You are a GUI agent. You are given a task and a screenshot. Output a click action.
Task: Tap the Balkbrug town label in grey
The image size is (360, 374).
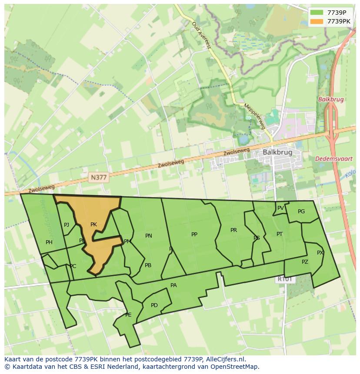(x=277, y=153)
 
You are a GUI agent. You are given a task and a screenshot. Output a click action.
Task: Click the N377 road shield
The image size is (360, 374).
(x=99, y=177)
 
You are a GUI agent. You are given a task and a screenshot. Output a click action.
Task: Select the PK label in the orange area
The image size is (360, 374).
(x=93, y=225)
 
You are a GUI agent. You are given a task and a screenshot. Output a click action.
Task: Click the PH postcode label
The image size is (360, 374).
(x=49, y=242)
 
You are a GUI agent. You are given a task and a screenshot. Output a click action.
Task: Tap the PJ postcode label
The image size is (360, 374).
(x=67, y=225)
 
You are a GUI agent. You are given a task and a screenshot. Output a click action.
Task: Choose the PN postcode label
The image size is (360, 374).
(x=149, y=236)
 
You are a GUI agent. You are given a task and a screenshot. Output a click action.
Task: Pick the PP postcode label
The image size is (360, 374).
(x=194, y=235)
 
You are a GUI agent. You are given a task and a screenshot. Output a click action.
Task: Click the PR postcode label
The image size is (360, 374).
(x=233, y=230)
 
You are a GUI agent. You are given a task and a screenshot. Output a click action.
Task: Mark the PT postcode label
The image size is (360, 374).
(x=280, y=234)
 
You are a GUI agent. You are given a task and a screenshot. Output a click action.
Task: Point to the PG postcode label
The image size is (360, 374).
(x=301, y=212)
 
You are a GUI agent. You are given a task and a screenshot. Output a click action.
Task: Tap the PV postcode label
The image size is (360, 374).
(x=280, y=208)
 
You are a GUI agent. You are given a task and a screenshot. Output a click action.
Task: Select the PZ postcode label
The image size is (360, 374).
(x=305, y=262)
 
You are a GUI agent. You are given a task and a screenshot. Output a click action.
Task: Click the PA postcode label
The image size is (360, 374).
(x=173, y=285)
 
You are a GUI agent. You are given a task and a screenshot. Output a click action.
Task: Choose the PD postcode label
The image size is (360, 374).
(x=154, y=305)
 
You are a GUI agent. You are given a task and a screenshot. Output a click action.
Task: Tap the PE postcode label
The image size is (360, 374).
(x=128, y=315)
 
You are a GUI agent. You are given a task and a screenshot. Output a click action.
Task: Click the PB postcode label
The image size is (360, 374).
(x=148, y=265)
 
